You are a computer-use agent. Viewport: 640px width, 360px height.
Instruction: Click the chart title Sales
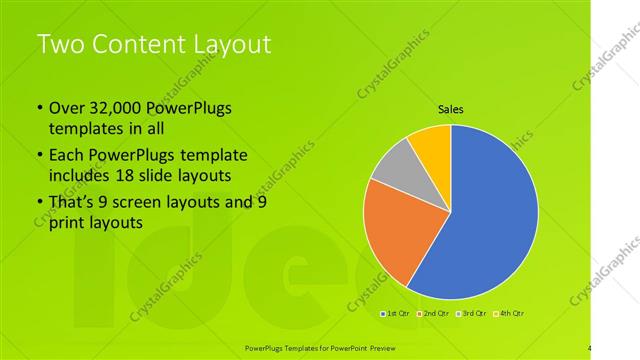pos(451,110)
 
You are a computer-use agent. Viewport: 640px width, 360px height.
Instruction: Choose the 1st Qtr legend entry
pos(397,313)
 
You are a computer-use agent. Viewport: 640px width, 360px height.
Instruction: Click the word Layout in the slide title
pos(234,44)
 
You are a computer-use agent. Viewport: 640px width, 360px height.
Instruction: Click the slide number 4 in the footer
pos(590,347)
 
